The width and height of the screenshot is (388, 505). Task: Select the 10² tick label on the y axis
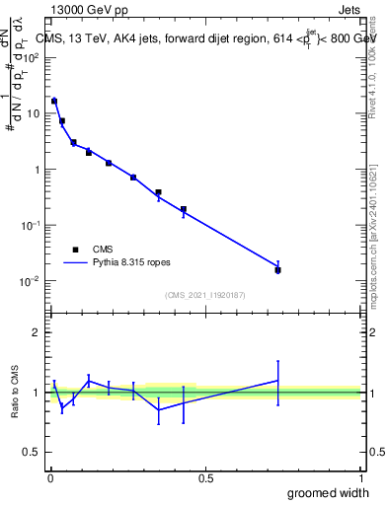point(32,57)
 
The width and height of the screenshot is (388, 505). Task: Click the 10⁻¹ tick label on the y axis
point(32,225)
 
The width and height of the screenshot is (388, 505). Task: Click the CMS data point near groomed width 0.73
point(277,269)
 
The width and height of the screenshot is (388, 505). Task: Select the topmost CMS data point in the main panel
point(54,101)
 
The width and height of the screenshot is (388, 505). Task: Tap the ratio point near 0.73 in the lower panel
point(277,381)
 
